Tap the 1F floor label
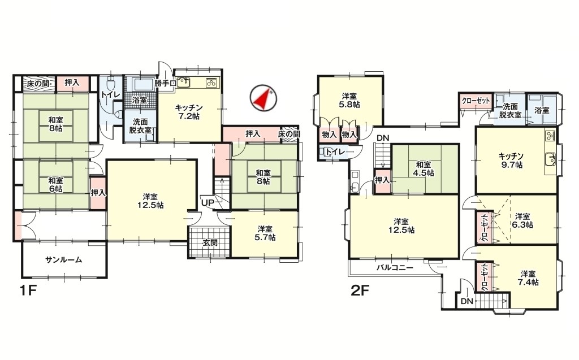28,292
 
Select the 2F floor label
360,292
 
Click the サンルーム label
63,259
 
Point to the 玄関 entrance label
209,243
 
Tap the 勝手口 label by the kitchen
165,83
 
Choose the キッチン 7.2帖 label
188,111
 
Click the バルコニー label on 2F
395,267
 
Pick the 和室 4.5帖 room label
423,168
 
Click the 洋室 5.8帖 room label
349,101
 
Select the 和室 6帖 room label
55,185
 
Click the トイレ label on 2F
335,152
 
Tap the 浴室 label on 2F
542,110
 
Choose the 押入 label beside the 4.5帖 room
382,180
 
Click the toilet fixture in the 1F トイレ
111,83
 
